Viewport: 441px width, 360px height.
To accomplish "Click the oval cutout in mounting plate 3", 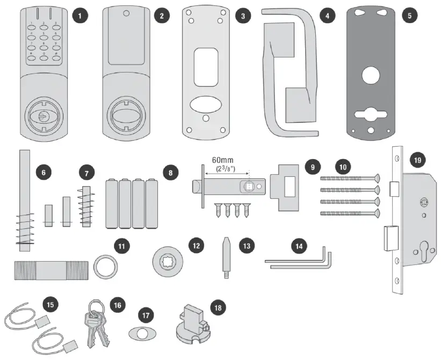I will pos(208,103).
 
